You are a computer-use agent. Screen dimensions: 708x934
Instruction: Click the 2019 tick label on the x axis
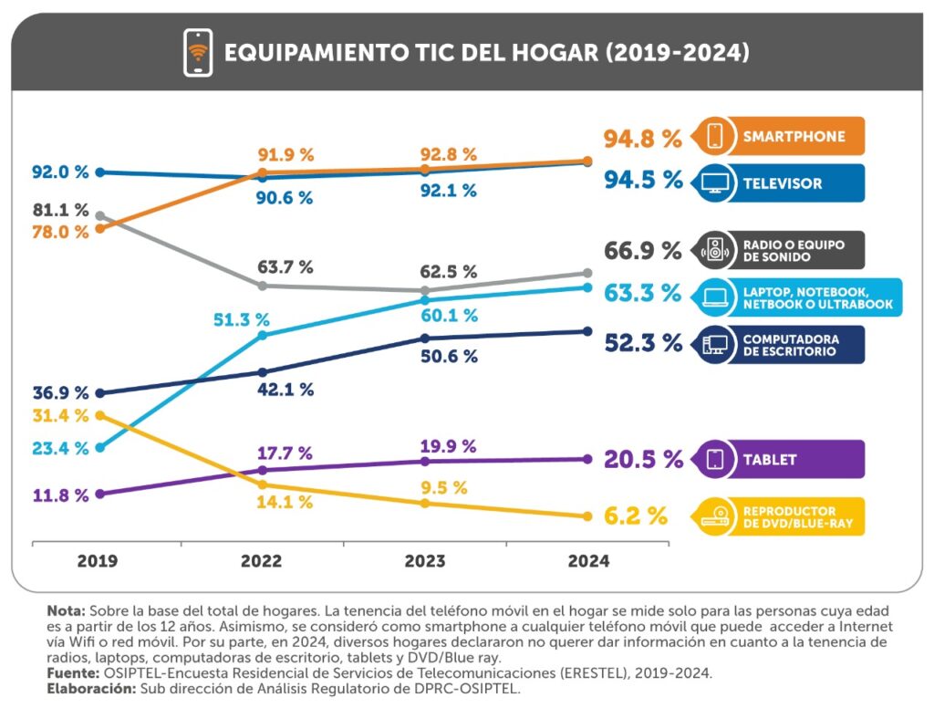pyautogui.click(x=98, y=562)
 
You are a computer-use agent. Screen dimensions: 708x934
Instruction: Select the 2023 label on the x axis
pyautogui.click(x=425, y=562)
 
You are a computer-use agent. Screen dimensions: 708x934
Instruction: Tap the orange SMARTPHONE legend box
pyautogui.click(x=778, y=137)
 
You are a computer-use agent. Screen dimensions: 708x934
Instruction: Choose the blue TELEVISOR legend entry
pyautogui.click(x=778, y=183)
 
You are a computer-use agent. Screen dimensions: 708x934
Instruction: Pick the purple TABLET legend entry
pyautogui.click(x=778, y=460)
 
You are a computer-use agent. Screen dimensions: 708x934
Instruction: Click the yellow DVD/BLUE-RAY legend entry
pyautogui.click(x=778, y=517)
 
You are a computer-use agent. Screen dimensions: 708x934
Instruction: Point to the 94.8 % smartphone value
pyautogui.click(x=643, y=140)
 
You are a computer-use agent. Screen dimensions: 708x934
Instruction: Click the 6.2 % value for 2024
pyautogui.click(x=635, y=516)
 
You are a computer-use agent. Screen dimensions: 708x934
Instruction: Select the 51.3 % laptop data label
pyautogui.click(x=242, y=320)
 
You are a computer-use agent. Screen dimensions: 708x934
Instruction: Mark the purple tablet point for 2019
pyautogui.click(x=99, y=494)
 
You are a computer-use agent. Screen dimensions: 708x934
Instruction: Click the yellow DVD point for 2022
pyautogui.click(x=263, y=484)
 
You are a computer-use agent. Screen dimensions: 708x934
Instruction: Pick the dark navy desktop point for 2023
pyautogui.click(x=425, y=338)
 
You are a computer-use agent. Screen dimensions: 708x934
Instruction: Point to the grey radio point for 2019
pyautogui.click(x=99, y=216)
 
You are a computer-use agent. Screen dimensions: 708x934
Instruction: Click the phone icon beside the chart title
pyautogui.click(x=198, y=52)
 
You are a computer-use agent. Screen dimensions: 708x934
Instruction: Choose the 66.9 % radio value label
pyautogui.click(x=643, y=251)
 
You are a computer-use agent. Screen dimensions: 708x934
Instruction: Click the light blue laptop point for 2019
pyautogui.click(x=99, y=448)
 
